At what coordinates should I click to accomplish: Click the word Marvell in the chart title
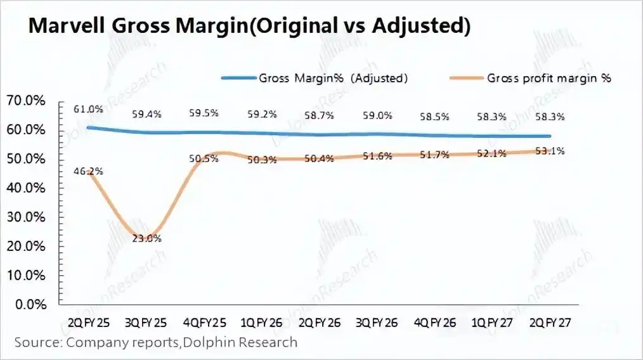pyautogui.click(x=68, y=25)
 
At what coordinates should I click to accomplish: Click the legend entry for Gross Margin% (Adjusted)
pyautogui.click(x=315, y=78)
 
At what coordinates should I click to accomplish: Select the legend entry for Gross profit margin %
pyautogui.click(x=531, y=78)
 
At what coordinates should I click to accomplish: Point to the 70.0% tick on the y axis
pyautogui.click(x=26, y=100)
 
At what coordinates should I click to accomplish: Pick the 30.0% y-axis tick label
pyautogui.click(x=26, y=217)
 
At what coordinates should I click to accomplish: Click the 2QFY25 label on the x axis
pyautogui.click(x=89, y=323)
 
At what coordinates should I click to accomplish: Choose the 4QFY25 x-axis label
pyautogui.click(x=205, y=323)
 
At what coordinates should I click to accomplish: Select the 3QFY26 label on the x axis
pyautogui.click(x=377, y=323)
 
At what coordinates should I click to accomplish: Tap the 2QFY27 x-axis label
pyautogui.click(x=550, y=323)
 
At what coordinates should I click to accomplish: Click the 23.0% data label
pyautogui.click(x=147, y=238)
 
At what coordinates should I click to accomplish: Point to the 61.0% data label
pyautogui.click(x=88, y=109)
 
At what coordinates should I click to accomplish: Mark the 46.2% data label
pyautogui.click(x=88, y=171)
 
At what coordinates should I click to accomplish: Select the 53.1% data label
pyautogui.click(x=550, y=151)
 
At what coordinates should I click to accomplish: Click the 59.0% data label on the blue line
pyautogui.click(x=377, y=115)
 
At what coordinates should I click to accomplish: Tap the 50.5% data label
pyautogui.click(x=204, y=158)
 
